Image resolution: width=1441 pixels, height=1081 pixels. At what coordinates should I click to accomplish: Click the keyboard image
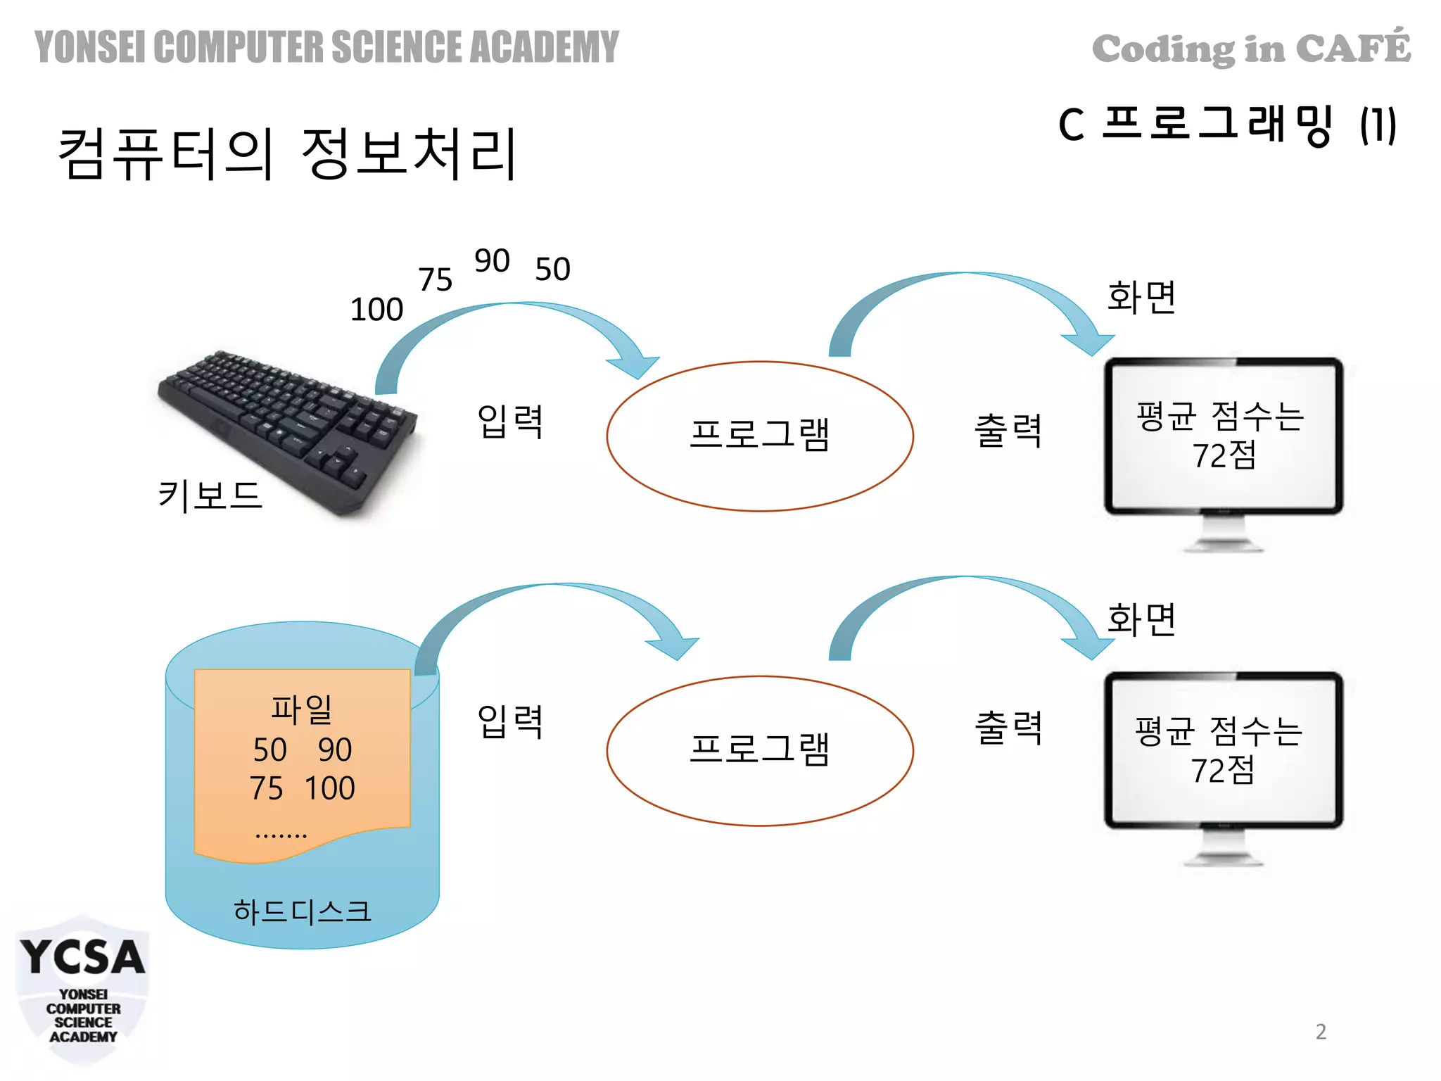(288, 429)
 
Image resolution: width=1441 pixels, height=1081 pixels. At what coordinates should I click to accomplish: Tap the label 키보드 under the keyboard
(210, 495)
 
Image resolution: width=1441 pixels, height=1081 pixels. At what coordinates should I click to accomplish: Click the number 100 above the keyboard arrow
(376, 310)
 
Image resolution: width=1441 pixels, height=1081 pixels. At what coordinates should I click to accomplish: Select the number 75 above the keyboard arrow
(435, 280)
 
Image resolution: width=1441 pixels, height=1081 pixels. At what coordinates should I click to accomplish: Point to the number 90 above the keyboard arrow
(492, 261)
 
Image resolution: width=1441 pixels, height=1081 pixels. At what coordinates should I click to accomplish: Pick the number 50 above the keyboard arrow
(552, 270)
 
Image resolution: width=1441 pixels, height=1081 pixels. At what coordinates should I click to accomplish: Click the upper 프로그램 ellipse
(760, 436)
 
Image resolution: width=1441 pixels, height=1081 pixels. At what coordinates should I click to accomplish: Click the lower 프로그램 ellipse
(760, 750)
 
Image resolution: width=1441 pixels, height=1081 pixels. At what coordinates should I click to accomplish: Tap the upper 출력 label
(1008, 430)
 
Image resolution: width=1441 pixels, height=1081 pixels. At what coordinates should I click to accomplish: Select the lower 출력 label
(1008, 728)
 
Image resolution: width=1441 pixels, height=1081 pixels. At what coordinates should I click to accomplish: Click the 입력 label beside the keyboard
(510, 421)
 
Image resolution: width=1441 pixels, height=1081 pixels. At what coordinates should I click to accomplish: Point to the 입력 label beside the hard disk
(510, 721)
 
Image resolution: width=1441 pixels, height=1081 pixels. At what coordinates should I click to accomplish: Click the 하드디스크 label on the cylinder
(302, 911)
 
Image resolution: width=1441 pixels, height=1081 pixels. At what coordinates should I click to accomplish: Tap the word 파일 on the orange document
(302, 709)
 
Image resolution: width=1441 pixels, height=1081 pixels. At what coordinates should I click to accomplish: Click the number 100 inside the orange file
(329, 788)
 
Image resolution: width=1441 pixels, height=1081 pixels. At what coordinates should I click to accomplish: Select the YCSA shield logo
(82, 989)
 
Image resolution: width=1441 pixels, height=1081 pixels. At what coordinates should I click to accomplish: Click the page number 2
(1321, 1032)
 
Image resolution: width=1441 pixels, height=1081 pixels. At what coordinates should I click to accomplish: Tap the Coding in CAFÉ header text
(1251, 48)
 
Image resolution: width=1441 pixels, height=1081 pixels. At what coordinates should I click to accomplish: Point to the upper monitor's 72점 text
(1224, 455)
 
